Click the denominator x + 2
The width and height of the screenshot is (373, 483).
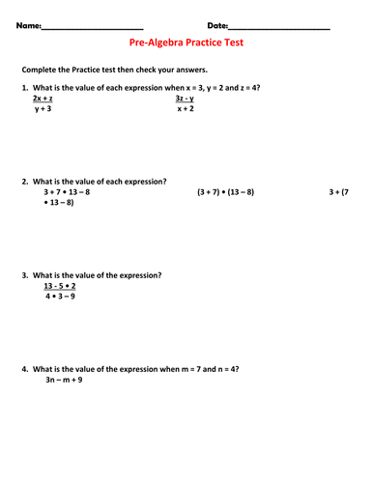pyautogui.click(x=186, y=110)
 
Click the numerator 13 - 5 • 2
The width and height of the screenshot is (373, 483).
pyautogui.click(x=60, y=287)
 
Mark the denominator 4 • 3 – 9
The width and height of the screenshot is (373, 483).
pyautogui.click(x=60, y=298)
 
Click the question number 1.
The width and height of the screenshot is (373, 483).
pyautogui.click(x=23, y=87)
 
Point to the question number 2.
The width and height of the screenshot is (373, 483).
pyautogui.click(x=23, y=181)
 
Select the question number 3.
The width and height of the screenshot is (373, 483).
pyautogui.click(x=23, y=275)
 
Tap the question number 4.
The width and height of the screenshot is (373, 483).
pyautogui.click(x=23, y=369)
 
